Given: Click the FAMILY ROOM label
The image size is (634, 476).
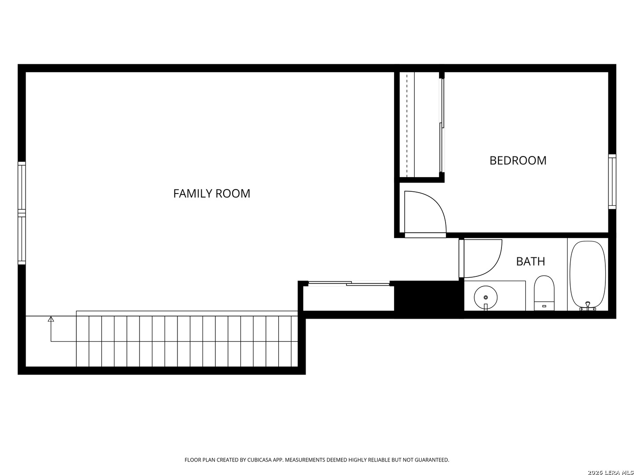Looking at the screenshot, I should [x=211, y=193].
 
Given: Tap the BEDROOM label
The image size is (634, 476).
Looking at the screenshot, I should [x=518, y=160].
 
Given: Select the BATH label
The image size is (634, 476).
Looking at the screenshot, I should [x=530, y=261].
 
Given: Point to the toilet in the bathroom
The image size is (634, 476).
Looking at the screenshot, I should [x=544, y=292].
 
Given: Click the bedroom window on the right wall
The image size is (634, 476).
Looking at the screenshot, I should [x=612, y=181].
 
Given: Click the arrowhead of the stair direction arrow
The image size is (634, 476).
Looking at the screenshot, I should [x=51, y=319].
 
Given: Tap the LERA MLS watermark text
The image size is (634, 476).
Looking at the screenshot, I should [x=610, y=472].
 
